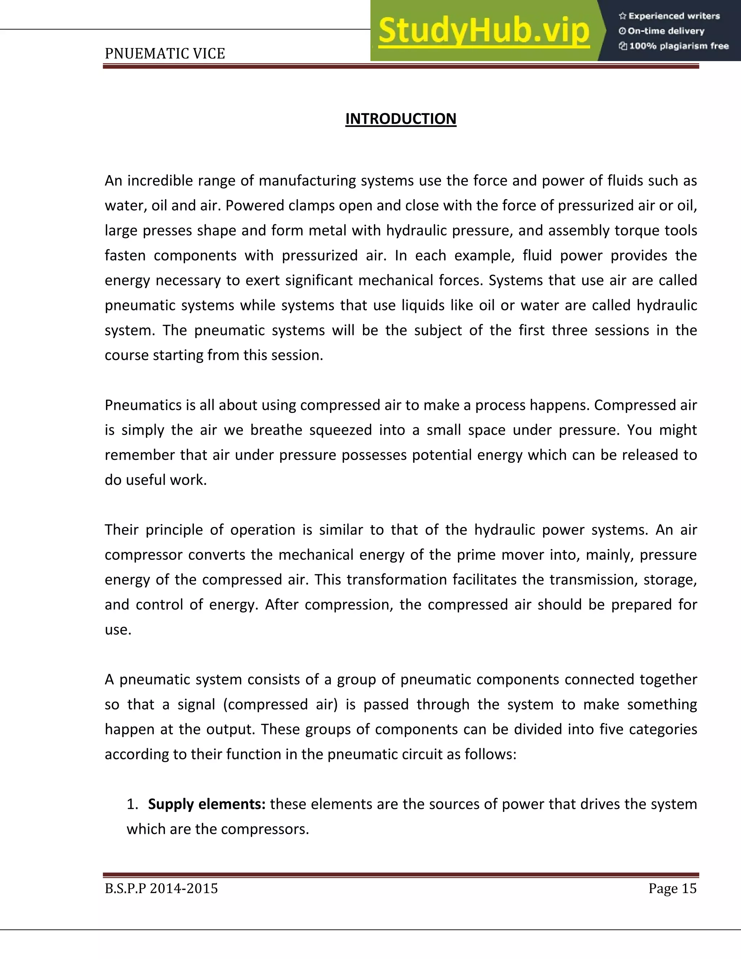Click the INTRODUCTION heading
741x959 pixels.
coord(401,119)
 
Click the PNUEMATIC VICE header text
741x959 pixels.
coord(165,54)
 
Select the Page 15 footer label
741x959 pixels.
coord(672,888)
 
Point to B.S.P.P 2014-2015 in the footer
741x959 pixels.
coord(161,888)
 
